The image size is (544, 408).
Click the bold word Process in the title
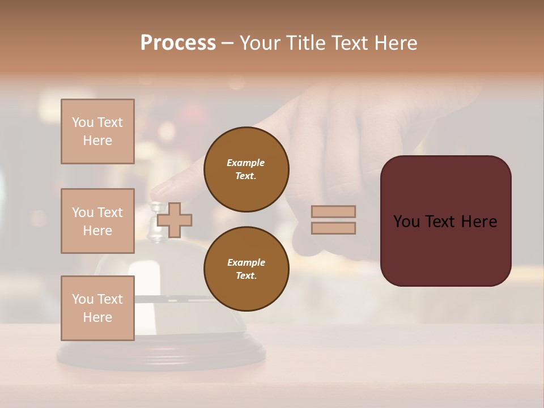pos(178,43)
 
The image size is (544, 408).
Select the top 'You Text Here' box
pos(97,131)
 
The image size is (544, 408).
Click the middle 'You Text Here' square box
pos(97,221)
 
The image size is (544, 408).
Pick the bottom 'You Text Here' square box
pos(97,308)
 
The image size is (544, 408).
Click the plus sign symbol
pos(174,220)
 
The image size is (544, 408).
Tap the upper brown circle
pos(246,169)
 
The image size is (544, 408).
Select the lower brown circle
pos(246,269)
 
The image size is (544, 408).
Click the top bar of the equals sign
pos(333,212)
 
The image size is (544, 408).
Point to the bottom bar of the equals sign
pos(333,228)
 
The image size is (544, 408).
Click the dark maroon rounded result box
pos(445,220)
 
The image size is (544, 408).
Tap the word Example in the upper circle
pos(246,163)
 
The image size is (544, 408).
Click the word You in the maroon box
pos(407,222)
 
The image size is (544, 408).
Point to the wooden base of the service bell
pos(161,357)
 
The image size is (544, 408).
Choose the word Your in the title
pos(260,43)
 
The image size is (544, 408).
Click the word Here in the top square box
pos(97,141)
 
